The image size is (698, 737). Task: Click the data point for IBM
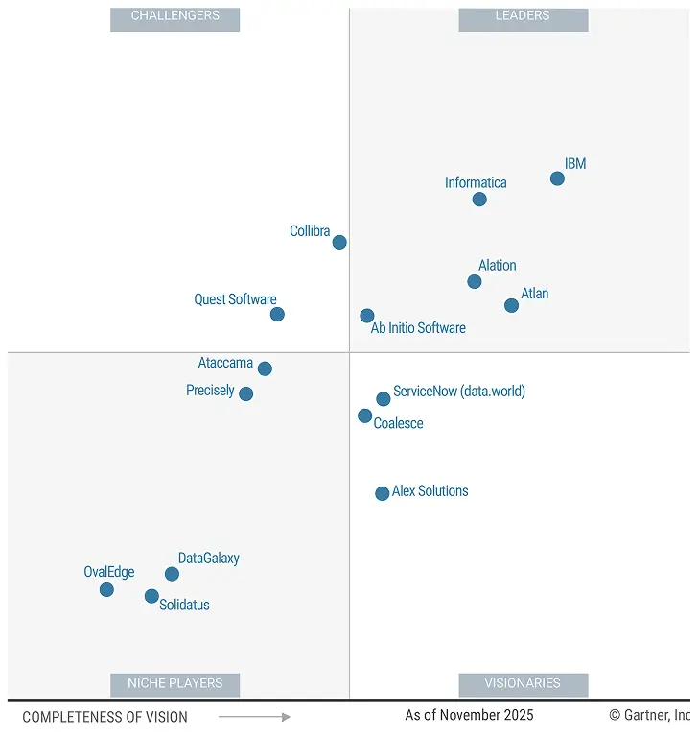[557, 178]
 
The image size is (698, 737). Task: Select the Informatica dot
[479, 200]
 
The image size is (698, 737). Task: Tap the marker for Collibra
[339, 242]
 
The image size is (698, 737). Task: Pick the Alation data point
[475, 281]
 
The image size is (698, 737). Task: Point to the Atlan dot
[511, 305]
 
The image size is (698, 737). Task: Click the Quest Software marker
[277, 314]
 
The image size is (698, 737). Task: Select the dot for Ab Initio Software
[367, 316]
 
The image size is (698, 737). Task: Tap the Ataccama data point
[265, 368]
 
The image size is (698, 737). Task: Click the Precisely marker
[245, 393]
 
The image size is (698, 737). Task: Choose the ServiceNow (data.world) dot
[384, 398]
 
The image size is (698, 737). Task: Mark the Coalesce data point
[365, 416]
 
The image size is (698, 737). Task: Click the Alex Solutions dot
[383, 493]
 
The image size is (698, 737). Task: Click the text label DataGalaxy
[209, 558]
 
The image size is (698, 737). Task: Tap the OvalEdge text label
[109, 572]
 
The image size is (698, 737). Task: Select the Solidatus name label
[184, 605]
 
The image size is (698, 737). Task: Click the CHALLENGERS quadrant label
[174, 16]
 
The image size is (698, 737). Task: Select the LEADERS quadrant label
[523, 16]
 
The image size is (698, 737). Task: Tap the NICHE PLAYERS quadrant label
[174, 684]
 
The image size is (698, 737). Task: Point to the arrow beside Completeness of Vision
[254, 717]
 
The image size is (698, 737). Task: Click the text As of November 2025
[469, 715]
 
